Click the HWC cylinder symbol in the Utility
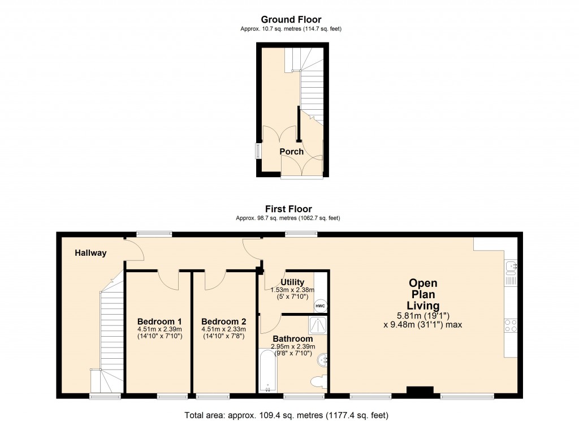point(320,306)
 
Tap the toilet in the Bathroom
point(320,381)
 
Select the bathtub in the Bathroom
point(266,370)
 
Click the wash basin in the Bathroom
point(323,358)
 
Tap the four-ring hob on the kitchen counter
point(510,325)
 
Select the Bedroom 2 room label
point(223,321)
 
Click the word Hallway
point(90,253)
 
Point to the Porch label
point(292,152)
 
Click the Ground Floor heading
point(291,20)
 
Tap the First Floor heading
point(289,209)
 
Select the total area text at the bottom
point(287,415)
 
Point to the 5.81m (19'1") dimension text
point(424,316)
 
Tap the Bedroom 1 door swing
point(168,278)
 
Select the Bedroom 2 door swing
point(214,278)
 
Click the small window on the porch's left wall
point(258,151)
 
